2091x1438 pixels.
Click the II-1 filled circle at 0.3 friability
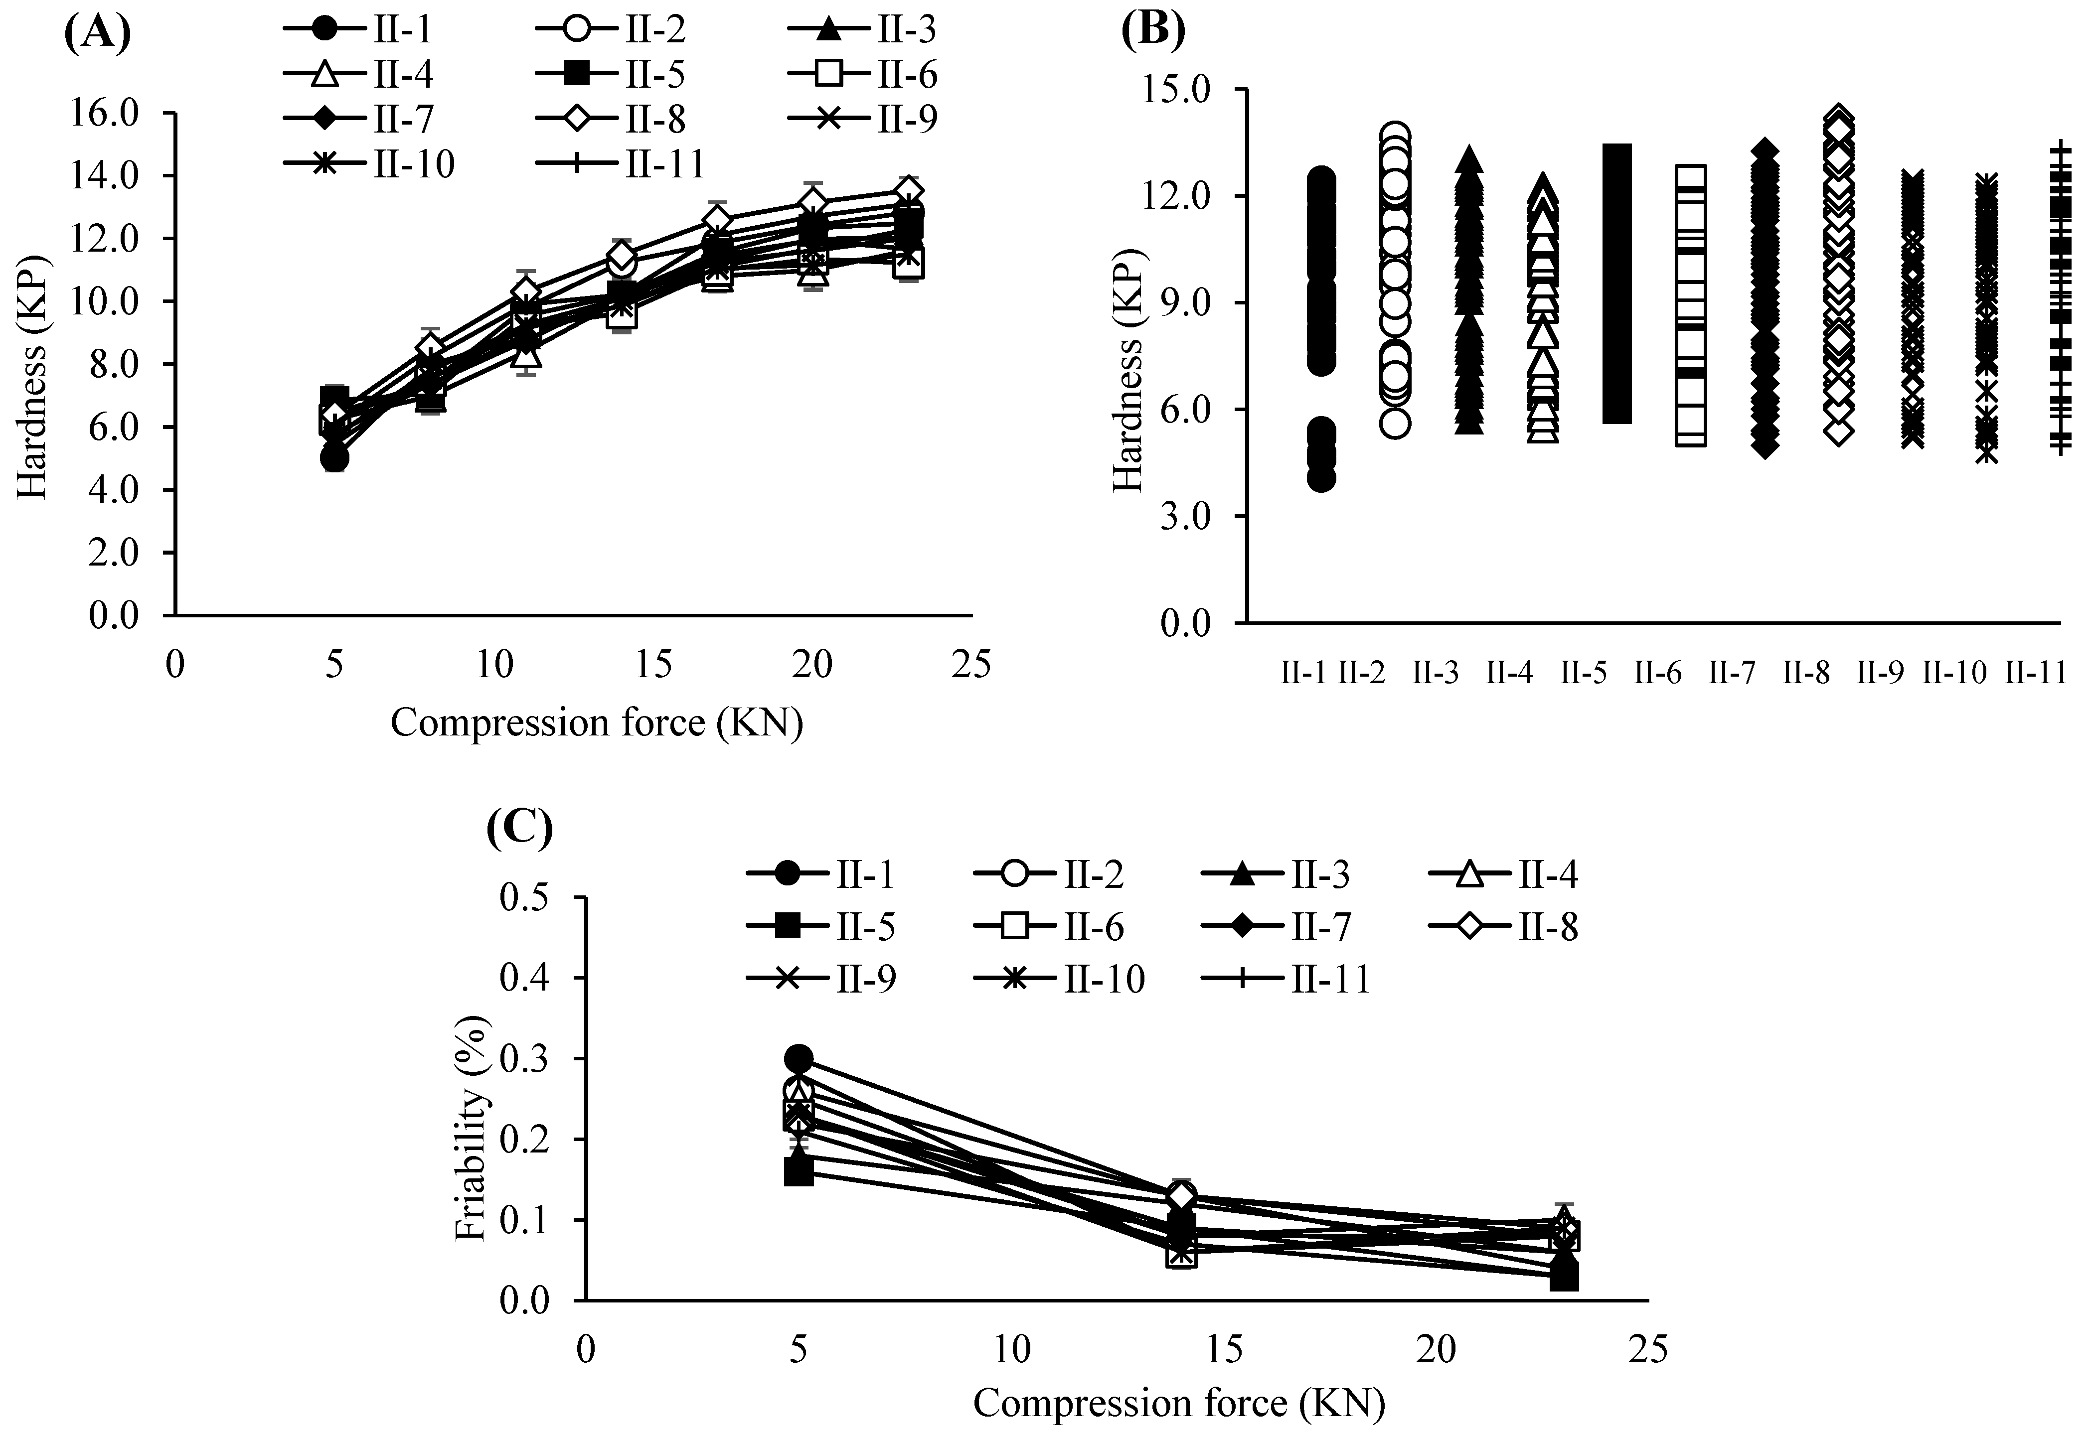click(x=799, y=1059)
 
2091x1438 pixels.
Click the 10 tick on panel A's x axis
click(x=494, y=664)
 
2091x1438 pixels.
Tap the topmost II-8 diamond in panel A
click(x=908, y=192)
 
